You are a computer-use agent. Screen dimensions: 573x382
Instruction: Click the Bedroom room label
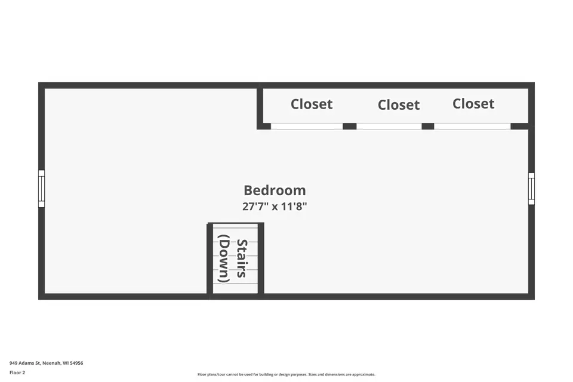point(275,190)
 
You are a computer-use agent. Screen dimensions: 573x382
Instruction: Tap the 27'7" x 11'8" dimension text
point(275,207)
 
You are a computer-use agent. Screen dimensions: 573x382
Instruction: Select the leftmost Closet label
point(312,104)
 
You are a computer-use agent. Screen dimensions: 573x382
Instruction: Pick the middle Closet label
point(398,105)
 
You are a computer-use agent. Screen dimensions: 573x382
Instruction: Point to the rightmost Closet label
point(473,104)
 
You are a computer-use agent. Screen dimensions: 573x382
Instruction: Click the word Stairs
point(242,258)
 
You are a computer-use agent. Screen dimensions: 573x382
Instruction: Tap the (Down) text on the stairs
point(224,258)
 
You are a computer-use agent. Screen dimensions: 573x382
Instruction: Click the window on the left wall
point(41,189)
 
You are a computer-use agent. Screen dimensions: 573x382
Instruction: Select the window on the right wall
point(531,189)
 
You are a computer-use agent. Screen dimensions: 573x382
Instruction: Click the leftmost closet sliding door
point(307,126)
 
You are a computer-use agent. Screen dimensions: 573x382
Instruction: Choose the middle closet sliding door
point(389,126)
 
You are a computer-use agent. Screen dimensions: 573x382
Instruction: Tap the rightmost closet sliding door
point(472,126)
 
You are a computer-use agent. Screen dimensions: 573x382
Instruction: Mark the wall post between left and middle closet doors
point(349,126)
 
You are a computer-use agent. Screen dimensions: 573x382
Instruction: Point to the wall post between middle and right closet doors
point(427,126)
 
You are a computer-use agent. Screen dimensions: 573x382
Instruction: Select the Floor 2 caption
point(17,372)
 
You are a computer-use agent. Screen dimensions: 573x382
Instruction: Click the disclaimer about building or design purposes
point(286,374)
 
